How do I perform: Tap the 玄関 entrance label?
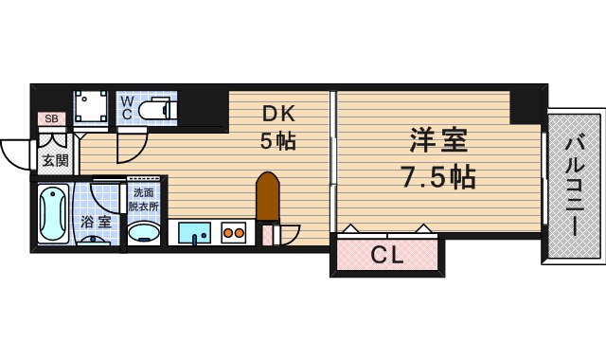pyautogui.click(x=55, y=160)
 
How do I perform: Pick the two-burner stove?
pyautogui.click(x=234, y=232)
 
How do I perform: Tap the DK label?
pyautogui.click(x=279, y=115)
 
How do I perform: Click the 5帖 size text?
pyautogui.click(x=279, y=142)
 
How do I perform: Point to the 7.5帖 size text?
pyautogui.click(x=437, y=176)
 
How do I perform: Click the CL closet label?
pyautogui.click(x=385, y=255)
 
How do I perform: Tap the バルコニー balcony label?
pyautogui.click(x=574, y=186)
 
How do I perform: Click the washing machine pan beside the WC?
pyautogui.click(x=92, y=106)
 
